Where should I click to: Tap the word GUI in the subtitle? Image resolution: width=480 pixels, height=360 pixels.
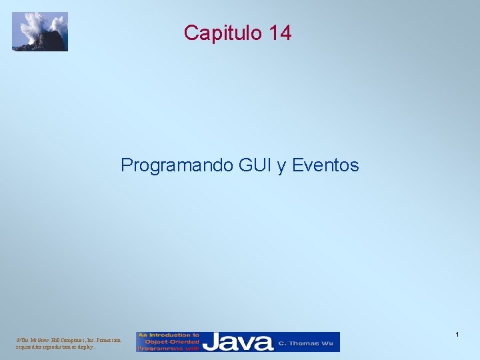(x=256, y=165)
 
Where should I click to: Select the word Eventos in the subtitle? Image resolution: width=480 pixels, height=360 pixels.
(x=325, y=165)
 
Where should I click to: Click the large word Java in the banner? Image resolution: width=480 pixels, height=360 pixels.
(x=238, y=342)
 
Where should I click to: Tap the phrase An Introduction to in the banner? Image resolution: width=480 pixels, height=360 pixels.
(x=169, y=335)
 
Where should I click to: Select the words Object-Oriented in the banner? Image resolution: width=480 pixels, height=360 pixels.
(x=169, y=341)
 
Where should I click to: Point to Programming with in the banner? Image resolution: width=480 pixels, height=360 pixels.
(x=169, y=348)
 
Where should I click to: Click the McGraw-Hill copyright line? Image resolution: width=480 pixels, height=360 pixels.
(x=68, y=340)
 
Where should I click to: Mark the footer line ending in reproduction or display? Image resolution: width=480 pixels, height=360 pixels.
(x=55, y=347)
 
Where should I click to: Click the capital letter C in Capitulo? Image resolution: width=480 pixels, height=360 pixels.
(x=191, y=33)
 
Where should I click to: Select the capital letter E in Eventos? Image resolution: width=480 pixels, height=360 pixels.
(x=297, y=165)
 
